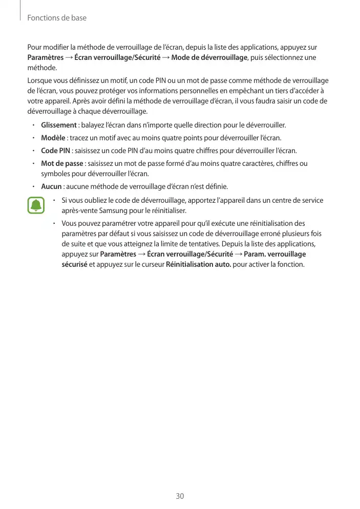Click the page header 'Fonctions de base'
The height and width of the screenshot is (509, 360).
click(57, 18)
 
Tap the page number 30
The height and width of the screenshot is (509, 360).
click(180, 496)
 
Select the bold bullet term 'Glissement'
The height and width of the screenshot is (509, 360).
click(59, 125)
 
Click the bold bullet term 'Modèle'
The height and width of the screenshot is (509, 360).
click(53, 138)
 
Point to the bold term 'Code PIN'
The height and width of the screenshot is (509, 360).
click(55, 151)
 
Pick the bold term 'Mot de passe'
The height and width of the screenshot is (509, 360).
click(62, 163)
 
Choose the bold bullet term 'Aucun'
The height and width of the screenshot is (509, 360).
click(51, 186)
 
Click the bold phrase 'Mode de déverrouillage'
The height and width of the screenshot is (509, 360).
click(209, 57)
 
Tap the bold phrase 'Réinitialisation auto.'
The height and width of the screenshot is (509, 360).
click(199, 264)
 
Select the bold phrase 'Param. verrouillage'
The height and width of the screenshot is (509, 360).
click(275, 254)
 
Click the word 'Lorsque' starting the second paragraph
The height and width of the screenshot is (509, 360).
click(39, 80)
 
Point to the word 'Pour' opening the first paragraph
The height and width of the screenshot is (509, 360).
click(34, 47)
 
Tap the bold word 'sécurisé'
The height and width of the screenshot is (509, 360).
click(74, 264)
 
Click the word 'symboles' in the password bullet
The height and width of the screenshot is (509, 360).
click(56, 174)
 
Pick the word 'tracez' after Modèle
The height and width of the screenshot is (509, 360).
click(79, 138)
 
